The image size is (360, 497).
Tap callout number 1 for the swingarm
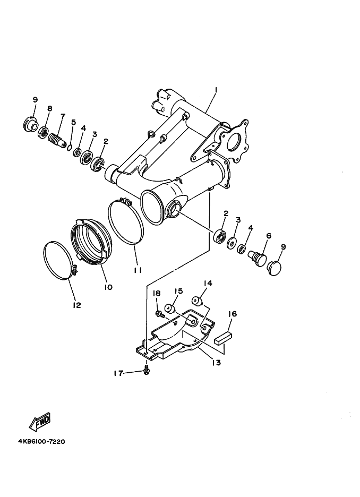(x=216, y=90)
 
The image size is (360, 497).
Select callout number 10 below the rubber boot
(x=108, y=287)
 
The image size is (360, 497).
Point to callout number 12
(x=77, y=305)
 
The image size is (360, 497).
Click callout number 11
(x=138, y=270)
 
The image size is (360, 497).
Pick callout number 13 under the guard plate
(x=216, y=363)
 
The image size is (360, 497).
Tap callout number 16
(x=232, y=314)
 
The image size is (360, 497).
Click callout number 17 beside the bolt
(x=118, y=373)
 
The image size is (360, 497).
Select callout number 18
(x=157, y=293)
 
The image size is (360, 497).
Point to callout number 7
(x=63, y=116)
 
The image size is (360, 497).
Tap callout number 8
(x=49, y=108)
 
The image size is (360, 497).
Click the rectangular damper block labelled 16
(x=223, y=336)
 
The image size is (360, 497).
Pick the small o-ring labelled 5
(x=70, y=147)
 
